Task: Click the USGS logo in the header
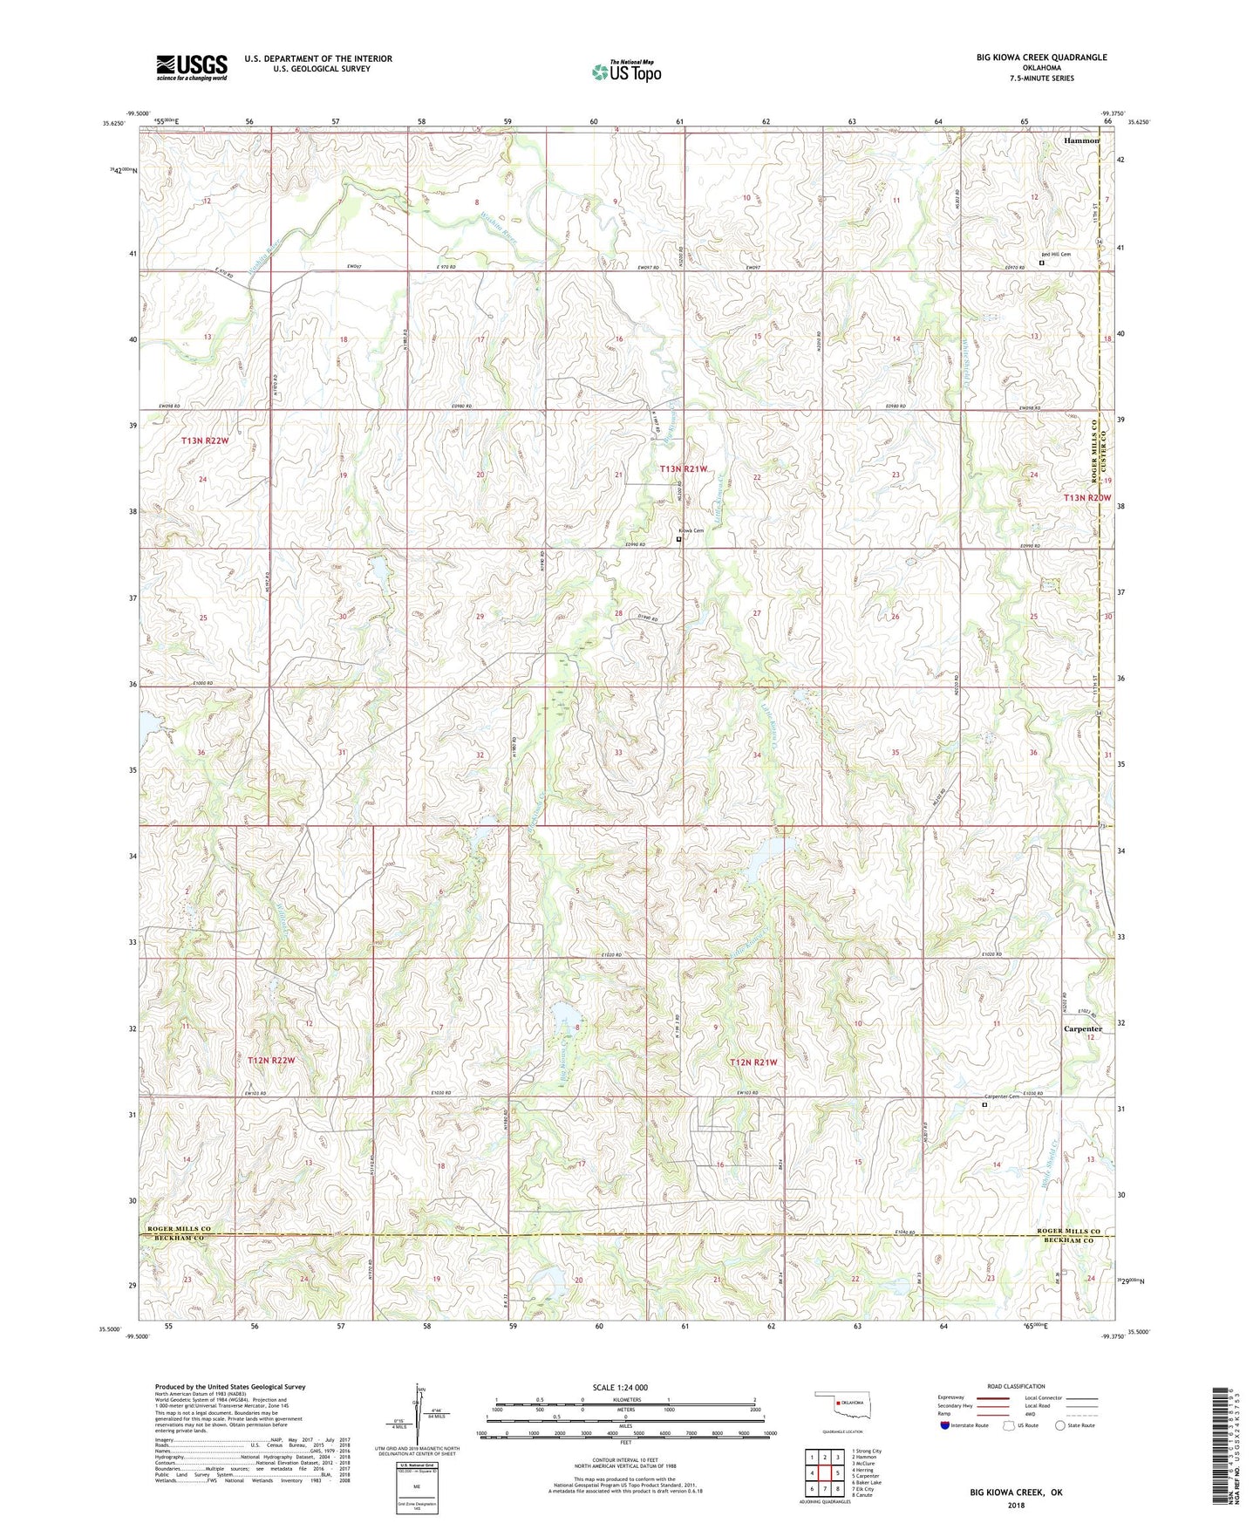(192, 67)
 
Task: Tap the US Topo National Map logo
(625, 71)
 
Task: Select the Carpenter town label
(1083, 1028)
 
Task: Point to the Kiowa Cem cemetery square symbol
(679, 539)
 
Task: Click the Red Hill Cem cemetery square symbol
(1041, 261)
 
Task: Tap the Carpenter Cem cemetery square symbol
(985, 1104)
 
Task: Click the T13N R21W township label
(684, 469)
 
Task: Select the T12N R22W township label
(271, 1061)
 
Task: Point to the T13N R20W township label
(1087, 497)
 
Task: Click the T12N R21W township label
(753, 1062)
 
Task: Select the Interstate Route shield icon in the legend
(945, 1425)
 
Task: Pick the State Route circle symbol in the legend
(1060, 1425)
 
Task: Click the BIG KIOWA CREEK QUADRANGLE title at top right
(1041, 58)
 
